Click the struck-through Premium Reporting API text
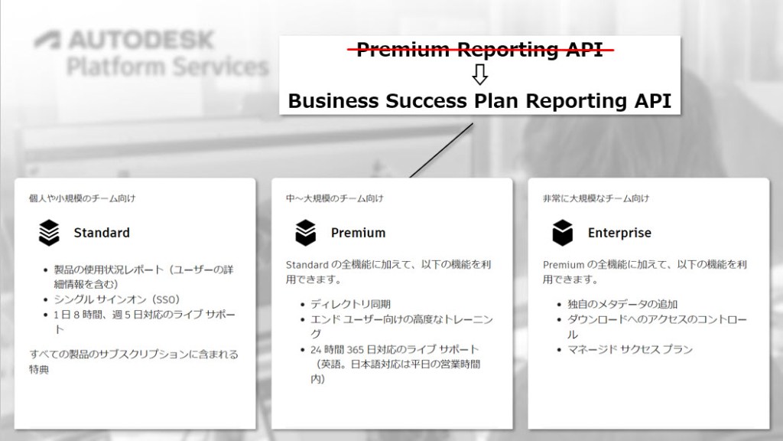(486, 51)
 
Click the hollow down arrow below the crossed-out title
(479, 75)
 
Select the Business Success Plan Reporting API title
(479, 100)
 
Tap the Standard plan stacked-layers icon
(49, 232)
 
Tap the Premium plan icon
(305, 232)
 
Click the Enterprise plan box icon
(562, 232)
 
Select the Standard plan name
(102, 233)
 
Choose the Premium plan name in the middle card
(358, 233)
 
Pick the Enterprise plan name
(619, 233)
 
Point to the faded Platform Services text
(167, 67)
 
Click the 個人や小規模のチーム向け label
(83, 199)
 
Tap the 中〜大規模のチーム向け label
(334, 199)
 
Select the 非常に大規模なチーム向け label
(596, 199)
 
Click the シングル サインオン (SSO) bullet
(117, 299)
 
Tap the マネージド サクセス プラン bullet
(630, 350)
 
